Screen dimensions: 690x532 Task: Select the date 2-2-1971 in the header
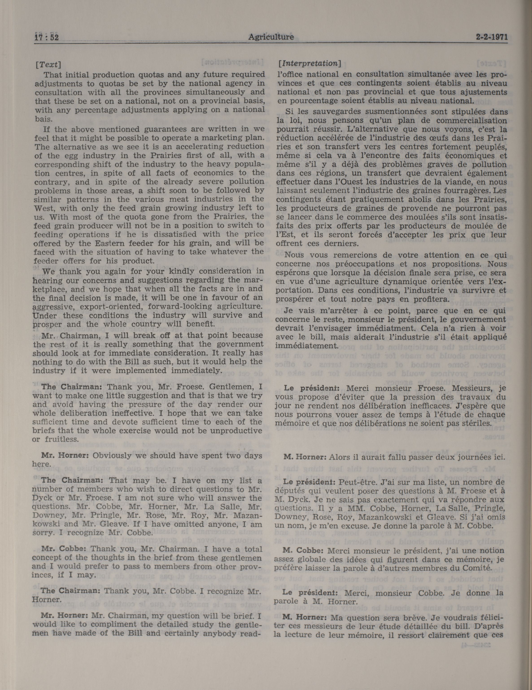pyautogui.click(x=492, y=37)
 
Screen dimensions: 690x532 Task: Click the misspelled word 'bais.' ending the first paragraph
pyautogui.click(x=43, y=119)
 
